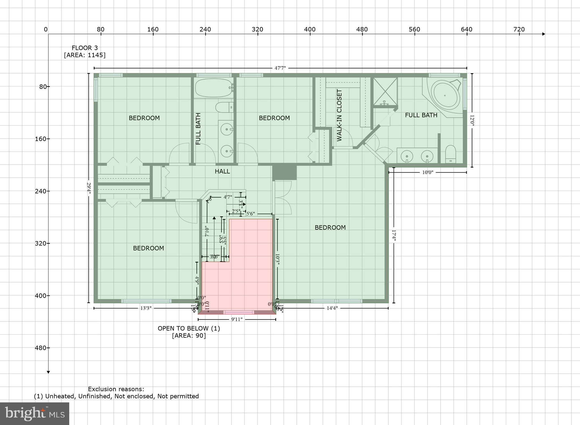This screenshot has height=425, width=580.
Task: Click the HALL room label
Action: tap(222, 171)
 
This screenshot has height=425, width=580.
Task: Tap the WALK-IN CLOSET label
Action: tap(339, 115)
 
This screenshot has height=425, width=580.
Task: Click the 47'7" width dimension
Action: tap(280, 68)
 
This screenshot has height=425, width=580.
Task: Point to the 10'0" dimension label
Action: tap(428, 172)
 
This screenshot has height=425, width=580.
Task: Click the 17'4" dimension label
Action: tap(394, 235)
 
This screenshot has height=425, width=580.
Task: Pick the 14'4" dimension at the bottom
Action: tap(332, 308)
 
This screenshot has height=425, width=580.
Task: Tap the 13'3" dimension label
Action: tap(146, 308)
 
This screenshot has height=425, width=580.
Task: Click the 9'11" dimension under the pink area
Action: tap(237, 319)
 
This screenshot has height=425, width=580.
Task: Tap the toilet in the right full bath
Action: tap(451, 154)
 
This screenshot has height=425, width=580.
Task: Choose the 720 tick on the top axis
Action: tap(519, 29)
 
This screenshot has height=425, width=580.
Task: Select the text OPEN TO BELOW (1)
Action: tap(189, 329)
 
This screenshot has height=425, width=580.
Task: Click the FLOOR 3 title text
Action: tap(85, 48)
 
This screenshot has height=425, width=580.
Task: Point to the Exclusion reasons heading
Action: tap(116, 389)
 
